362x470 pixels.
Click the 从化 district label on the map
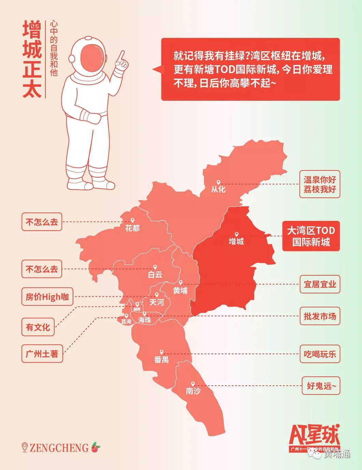[218, 189]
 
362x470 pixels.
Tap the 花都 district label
[132, 228]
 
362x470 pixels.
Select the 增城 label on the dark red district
[236, 241]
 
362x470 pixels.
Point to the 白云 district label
[155, 274]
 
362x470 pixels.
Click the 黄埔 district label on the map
[180, 290]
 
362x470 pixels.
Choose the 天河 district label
[157, 302]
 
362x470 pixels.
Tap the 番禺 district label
[161, 359]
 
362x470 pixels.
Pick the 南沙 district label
[193, 391]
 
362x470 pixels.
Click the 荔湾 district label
[126, 321]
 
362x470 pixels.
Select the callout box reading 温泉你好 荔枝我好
[320, 184]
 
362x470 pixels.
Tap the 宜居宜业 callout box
[320, 284]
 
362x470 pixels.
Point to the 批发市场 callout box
[320, 316]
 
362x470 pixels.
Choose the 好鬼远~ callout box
[321, 386]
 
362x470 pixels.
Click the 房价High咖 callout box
[47, 297]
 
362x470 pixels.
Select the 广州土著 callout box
[42, 354]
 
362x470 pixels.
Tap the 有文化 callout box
[38, 327]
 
